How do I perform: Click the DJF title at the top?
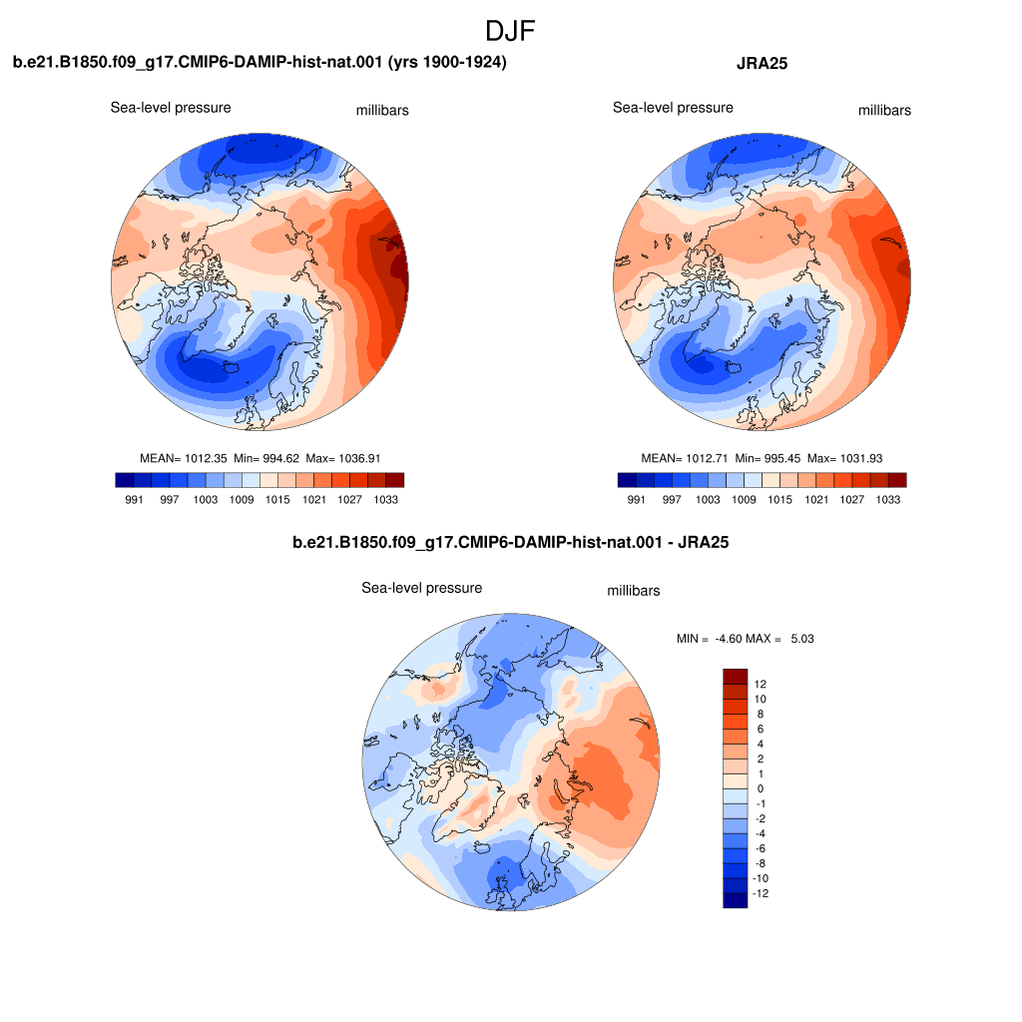pos(510,31)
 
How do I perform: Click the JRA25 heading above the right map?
pos(762,63)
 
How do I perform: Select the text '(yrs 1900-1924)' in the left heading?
pos(446,62)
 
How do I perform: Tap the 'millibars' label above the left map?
pos(382,110)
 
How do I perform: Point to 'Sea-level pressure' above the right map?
pos(673,108)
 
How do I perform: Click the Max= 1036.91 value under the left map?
pos(343,458)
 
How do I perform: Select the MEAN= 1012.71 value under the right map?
pos(685,458)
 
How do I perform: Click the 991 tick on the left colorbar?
pos(134,499)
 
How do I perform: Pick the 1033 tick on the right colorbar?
pos(887,499)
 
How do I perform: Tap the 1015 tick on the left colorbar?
pos(277,499)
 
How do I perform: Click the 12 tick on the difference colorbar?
pos(760,684)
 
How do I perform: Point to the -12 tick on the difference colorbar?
pos(760,893)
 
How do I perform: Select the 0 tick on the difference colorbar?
pos(760,788)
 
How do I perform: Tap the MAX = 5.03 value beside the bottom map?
pos(779,639)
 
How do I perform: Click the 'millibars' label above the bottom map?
pos(634,591)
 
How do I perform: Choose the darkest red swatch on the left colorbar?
pos(395,480)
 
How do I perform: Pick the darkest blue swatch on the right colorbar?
pos(627,480)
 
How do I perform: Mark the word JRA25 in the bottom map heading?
pos(704,542)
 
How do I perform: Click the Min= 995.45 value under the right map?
pos(767,458)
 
